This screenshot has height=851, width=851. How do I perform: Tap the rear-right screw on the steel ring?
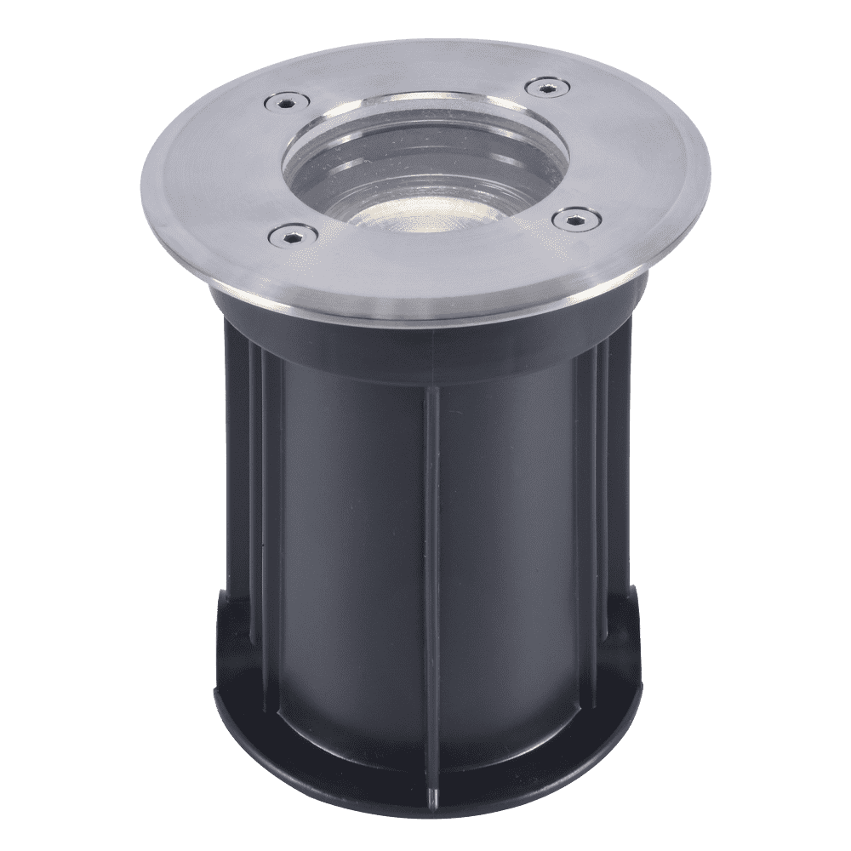(541, 85)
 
